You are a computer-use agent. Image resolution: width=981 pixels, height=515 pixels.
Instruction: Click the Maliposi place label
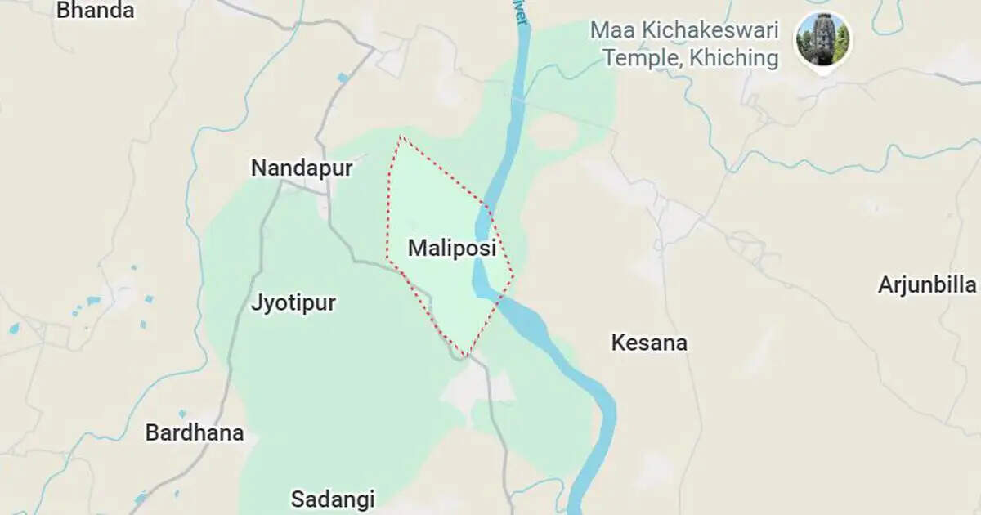click(452, 248)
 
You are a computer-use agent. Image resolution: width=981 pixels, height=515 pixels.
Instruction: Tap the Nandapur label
click(302, 168)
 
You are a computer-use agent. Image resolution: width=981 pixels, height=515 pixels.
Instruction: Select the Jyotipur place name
click(293, 303)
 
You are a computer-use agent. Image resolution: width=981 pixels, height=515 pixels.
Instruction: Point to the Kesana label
click(649, 343)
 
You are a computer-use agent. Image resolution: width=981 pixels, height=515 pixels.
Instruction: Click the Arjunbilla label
click(927, 284)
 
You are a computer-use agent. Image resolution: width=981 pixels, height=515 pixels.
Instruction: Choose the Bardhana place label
click(195, 432)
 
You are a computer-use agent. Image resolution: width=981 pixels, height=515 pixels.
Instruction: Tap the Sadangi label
click(333, 499)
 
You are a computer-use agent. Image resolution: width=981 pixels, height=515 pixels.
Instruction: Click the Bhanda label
click(95, 11)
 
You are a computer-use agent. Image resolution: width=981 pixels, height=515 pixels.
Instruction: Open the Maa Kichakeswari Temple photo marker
click(822, 39)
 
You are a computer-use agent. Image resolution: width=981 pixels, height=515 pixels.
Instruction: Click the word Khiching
click(734, 58)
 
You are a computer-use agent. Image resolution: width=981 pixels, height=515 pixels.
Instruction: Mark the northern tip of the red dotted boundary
click(400, 137)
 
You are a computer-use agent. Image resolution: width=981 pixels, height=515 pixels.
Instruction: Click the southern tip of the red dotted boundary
click(466, 356)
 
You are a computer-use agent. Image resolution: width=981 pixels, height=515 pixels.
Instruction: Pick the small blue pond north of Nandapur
click(343, 78)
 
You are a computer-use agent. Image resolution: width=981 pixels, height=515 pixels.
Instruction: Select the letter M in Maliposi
click(416, 248)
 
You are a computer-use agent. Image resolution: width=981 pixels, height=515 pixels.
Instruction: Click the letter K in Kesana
click(618, 343)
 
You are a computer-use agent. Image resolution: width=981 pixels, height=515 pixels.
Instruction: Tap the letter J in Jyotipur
click(256, 303)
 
